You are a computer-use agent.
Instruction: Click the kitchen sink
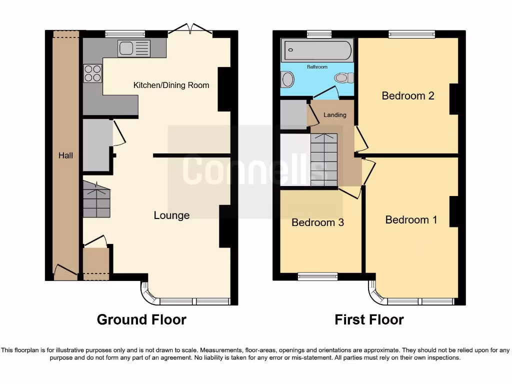(x=133, y=48)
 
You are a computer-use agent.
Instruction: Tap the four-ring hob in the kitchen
(x=92, y=73)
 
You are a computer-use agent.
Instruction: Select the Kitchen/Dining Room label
(x=171, y=85)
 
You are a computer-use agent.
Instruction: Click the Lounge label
(x=171, y=215)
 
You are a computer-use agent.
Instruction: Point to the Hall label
(x=65, y=155)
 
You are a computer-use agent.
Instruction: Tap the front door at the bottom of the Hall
(x=65, y=273)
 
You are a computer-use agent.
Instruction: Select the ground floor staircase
(x=96, y=199)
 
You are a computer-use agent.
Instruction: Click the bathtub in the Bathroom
(x=317, y=50)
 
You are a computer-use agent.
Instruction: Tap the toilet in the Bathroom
(x=344, y=77)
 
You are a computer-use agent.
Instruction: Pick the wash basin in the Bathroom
(x=287, y=79)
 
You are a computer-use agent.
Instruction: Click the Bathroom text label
(x=317, y=67)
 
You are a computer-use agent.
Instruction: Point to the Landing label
(x=334, y=115)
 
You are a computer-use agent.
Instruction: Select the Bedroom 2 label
(x=407, y=95)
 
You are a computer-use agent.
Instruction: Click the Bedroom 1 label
(x=411, y=219)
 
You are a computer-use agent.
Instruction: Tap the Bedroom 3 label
(x=317, y=222)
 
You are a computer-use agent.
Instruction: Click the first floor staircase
(x=323, y=159)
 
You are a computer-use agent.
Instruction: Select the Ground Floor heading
(x=141, y=319)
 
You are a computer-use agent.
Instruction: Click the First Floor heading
(x=369, y=319)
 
